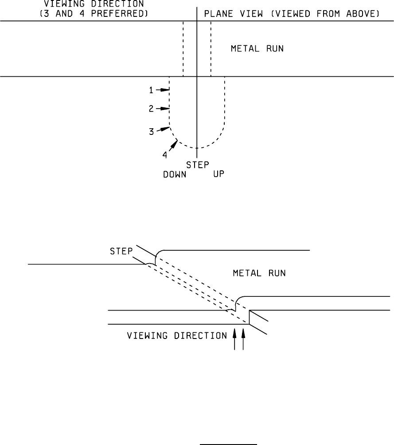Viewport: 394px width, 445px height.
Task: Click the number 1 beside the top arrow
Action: click(x=151, y=90)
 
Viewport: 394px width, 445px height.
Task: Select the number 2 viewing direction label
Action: click(x=151, y=108)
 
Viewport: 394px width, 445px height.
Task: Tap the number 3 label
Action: click(x=152, y=132)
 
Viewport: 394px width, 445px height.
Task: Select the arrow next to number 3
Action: click(x=164, y=129)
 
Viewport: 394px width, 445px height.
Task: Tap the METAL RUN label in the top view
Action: click(x=257, y=49)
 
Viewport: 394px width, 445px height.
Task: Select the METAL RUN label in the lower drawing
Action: click(x=259, y=273)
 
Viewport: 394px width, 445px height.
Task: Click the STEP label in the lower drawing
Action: click(x=121, y=252)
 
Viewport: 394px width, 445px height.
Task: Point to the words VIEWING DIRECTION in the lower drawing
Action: click(x=177, y=336)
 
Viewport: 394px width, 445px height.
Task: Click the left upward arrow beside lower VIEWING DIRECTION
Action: click(x=235, y=339)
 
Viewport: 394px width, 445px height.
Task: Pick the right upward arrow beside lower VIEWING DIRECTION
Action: click(x=243, y=339)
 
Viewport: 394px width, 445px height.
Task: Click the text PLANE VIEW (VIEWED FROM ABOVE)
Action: click(x=291, y=14)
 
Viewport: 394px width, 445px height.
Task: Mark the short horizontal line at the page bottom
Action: click(x=229, y=443)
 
